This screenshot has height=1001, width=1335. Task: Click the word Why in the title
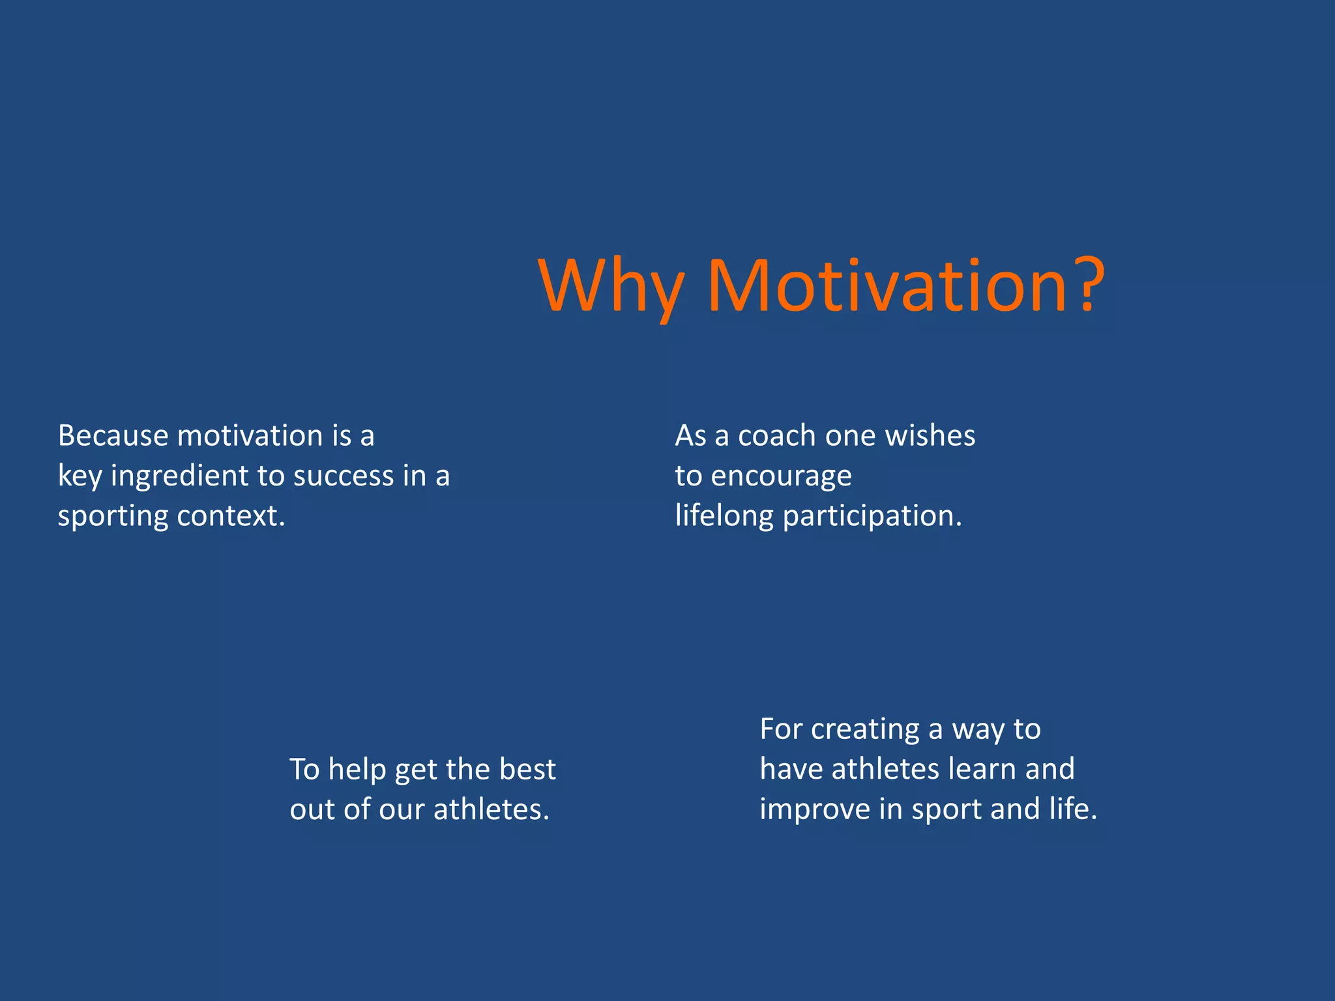click(x=611, y=287)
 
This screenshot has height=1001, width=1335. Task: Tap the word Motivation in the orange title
click(x=887, y=287)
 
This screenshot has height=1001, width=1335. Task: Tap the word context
click(x=231, y=516)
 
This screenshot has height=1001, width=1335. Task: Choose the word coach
click(x=776, y=435)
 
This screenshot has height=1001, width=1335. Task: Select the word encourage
click(x=781, y=476)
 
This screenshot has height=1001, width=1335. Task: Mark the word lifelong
click(x=724, y=516)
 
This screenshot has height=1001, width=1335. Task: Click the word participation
click(x=872, y=516)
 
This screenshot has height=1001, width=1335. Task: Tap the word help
click(x=357, y=770)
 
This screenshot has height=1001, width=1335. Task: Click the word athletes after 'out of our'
click(x=491, y=809)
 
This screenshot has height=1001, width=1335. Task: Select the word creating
click(x=865, y=729)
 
